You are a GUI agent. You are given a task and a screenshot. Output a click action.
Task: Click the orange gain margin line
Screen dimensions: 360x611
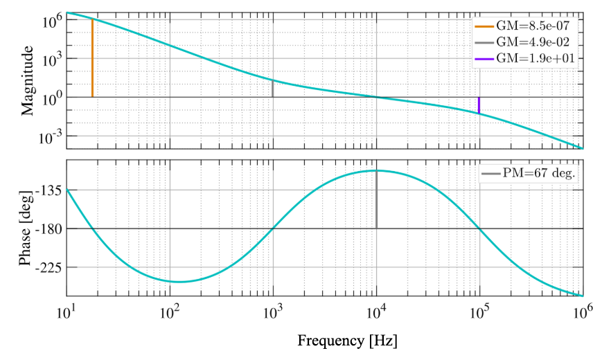(x=92, y=58)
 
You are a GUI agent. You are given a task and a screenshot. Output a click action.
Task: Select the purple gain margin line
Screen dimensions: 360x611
(x=479, y=105)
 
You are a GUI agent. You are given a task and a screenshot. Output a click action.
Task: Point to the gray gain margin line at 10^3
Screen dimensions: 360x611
(x=273, y=89)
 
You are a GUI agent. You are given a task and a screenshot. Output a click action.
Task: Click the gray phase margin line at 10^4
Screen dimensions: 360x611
(x=376, y=199)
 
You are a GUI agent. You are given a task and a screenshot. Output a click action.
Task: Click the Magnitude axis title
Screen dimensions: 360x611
(x=28, y=80)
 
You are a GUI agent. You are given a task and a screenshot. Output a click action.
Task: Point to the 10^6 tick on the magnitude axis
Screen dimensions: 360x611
(x=50, y=21)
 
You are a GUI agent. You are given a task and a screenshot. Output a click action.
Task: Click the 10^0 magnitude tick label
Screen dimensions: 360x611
(x=50, y=98)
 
